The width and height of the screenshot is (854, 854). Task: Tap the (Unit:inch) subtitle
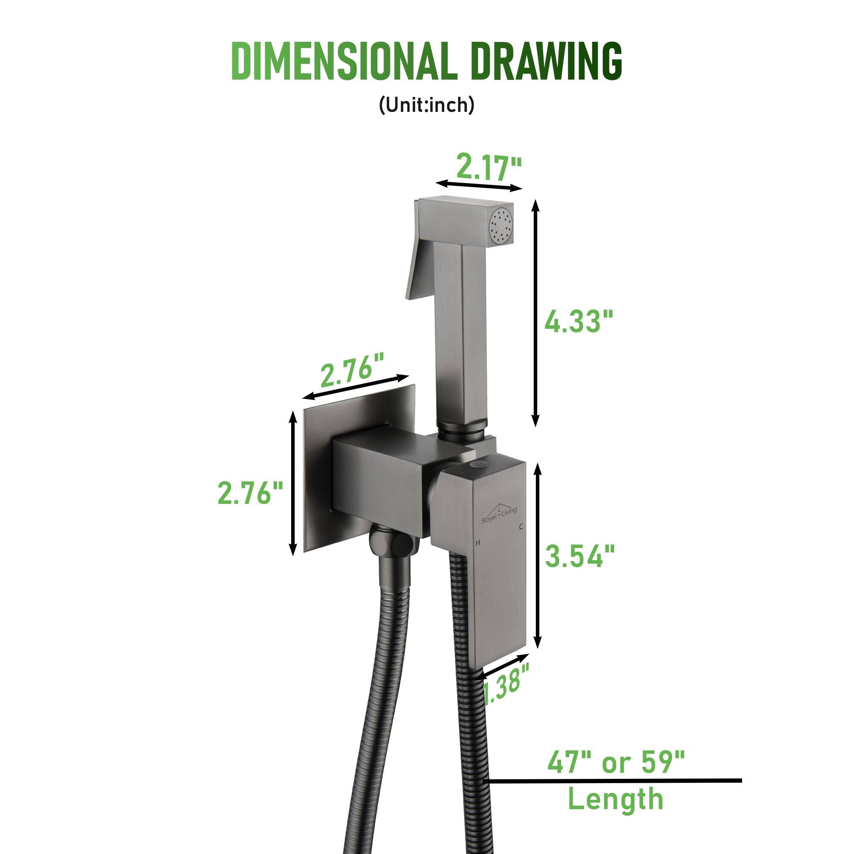(426, 105)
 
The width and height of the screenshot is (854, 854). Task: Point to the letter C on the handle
(522, 526)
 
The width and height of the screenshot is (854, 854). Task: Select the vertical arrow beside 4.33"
(536, 313)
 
